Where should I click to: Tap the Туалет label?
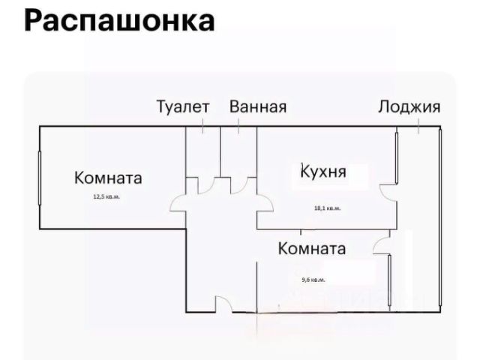pyautogui.click(x=182, y=106)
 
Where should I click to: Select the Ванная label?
pyautogui.click(x=258, y=106)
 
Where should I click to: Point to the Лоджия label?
pyautogui.click(x=409, y=106)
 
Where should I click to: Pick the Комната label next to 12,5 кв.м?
pyautogui.click(x=108, y=178)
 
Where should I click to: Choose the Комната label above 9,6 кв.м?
pyautogui.click(x=312, y=248)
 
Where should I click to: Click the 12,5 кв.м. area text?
pyautogui.click(x=106, y=197)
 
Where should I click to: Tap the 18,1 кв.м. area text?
pyautogui.click(x=327, y=208)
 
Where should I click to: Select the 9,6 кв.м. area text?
pyautogui.click(x=312, y=280)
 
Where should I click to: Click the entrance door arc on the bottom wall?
pyautogui.click(x=224, y=304)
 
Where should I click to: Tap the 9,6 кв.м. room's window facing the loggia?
pyautogui.click(x=390, y=280)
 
